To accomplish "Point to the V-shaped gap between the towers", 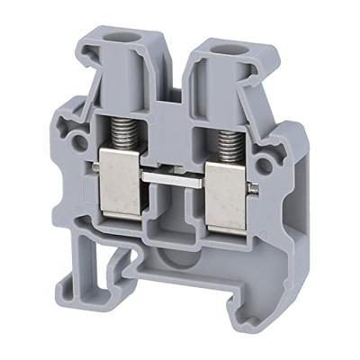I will pos(175,67).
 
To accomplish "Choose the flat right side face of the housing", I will pos(292,207).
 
